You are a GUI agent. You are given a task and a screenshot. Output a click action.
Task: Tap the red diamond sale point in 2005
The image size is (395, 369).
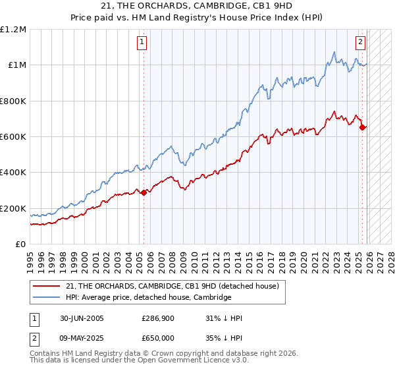(x=144, y=192)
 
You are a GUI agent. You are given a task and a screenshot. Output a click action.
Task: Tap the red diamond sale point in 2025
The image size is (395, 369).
(x=363, y=128)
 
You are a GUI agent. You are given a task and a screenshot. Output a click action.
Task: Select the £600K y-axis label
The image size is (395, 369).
(x=13, y=137)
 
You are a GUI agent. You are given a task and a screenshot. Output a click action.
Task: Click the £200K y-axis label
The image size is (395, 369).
(x=13, y=208)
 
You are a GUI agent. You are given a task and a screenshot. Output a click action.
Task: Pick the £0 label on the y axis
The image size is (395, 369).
(x=20, y=244)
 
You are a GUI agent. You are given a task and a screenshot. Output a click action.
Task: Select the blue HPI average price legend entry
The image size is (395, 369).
(x=148, y=298)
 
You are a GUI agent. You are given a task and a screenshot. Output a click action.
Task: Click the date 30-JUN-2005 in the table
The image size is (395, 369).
(x=82, y=318)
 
